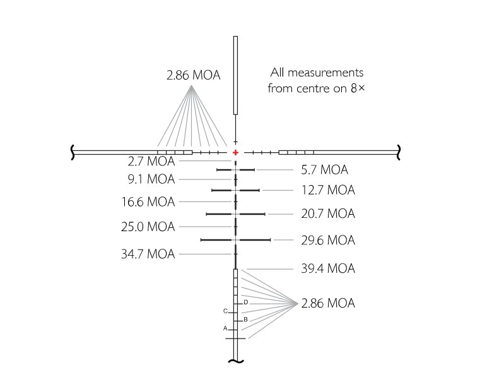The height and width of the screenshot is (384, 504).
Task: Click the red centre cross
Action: tap(236, 152)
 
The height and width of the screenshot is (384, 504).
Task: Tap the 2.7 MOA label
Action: tap(151, 161)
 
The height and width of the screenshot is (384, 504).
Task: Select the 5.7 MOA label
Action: tap(324, 170)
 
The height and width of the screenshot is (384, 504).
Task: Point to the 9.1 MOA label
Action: tap(151, 179)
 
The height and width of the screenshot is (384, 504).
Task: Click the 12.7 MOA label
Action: tap(328, 190)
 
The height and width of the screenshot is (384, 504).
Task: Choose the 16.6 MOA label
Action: tap(148, 202)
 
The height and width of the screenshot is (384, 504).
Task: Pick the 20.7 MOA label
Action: tap(328, 213)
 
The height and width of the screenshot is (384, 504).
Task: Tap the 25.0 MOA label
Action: tap(148, 227)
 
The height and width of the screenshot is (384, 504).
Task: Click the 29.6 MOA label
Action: tap(328, 241)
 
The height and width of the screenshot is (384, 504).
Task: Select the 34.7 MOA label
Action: tap(148, 255)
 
